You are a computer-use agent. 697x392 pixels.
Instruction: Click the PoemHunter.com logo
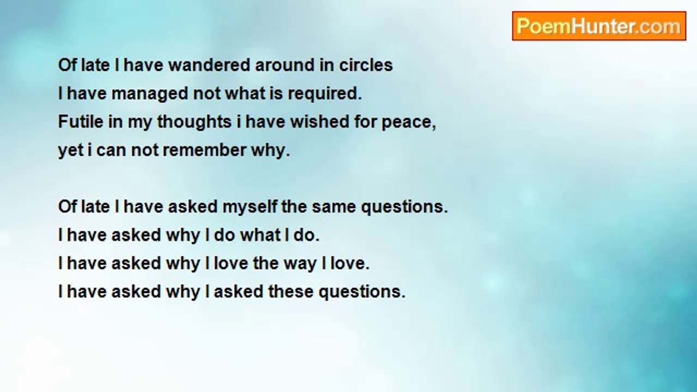[x=599, y=26]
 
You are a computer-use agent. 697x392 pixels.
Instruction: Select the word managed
[x=150, y=94]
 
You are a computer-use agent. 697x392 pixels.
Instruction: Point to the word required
[x=325, y=94]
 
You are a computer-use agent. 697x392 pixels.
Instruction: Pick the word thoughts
[x=194, y=121]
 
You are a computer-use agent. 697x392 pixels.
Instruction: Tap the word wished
[x=320, y=121]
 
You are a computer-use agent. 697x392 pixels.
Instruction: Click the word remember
[x=204, y=150]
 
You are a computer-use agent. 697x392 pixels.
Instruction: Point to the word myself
[x=249, y=206]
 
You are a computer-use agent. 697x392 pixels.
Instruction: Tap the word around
[x=284, y=65]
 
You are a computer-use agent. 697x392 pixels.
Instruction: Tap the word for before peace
[x=365, y=121]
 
